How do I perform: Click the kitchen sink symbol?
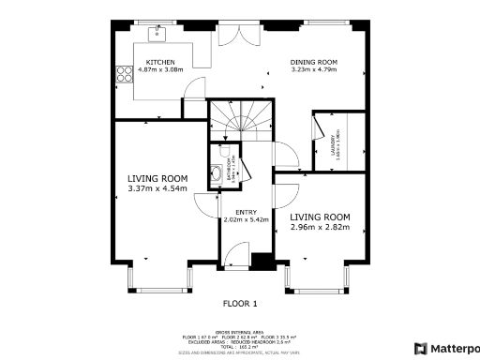click(158, 35)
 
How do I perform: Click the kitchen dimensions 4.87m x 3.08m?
click(161, 69)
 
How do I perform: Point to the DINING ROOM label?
click(313, 62)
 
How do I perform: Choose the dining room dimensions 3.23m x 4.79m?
click(314, 69)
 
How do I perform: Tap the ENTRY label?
click(246, 212)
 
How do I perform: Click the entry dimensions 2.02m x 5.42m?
click(246, 219)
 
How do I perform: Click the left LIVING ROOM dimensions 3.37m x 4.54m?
click(157, 188)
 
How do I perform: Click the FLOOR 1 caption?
click(239, 303)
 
